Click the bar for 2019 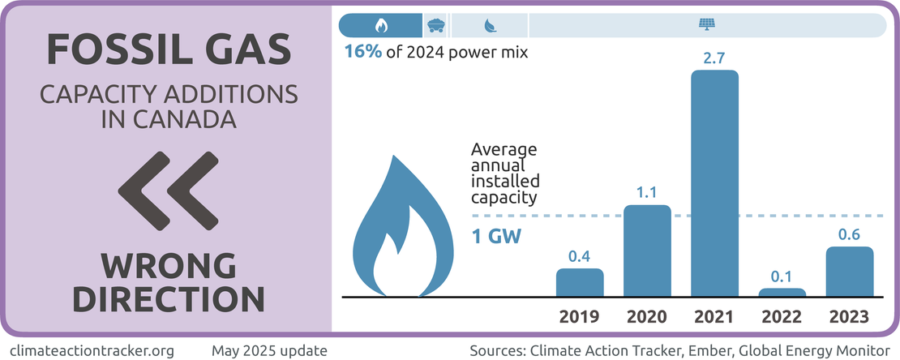(x=580, y=283)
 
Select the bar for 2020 (x=647, y=251)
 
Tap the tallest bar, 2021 (x=714, y=184)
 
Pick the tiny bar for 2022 (x=782, y=292)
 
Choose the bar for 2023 (x=850, y=272)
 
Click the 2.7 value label (x=714, y=59)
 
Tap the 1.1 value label (x=647, y=193)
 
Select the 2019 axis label (x=580, y=316)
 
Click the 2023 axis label (x=850, y=316)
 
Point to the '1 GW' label (x=495, y=238)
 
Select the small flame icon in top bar (x=381, y=25)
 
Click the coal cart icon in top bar (x=436, y=25)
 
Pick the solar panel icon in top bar (x=705, y=25)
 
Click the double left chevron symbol (x=167, y=192)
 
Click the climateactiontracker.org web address (x=93, y=351)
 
